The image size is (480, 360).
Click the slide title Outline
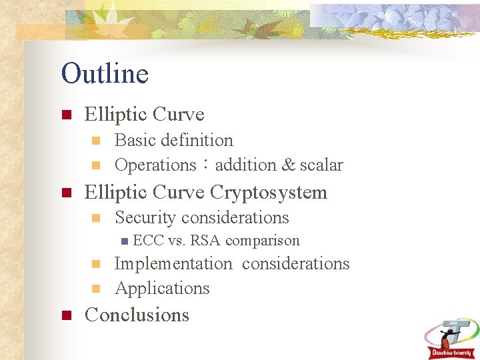[x=105, y=73]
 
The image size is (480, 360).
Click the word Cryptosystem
[x=269, y=193]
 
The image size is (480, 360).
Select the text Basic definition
[x=174, y=141]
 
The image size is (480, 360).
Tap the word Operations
[x=155, y=165]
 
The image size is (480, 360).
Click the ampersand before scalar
[x=288, y=165]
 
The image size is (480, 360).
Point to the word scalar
[x=321, y=165]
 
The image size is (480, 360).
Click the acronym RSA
[x=205, y=241]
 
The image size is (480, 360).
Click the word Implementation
[x=173, y=264]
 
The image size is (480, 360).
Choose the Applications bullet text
[x=162, y=289]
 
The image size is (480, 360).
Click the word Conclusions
[x=137, y=315]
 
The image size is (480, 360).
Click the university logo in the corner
[x=451, y=337]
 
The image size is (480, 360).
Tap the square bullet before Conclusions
[x=66, y=315]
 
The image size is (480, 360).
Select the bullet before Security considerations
[x=96, y=218]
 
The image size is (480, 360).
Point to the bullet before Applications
[x=96, y=289]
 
